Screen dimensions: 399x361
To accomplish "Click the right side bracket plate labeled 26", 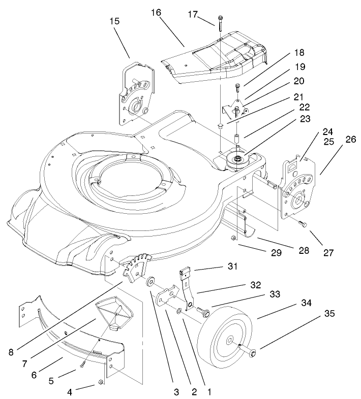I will [x=297, y=190].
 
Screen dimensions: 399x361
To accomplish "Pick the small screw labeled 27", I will [x=303, y=224].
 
